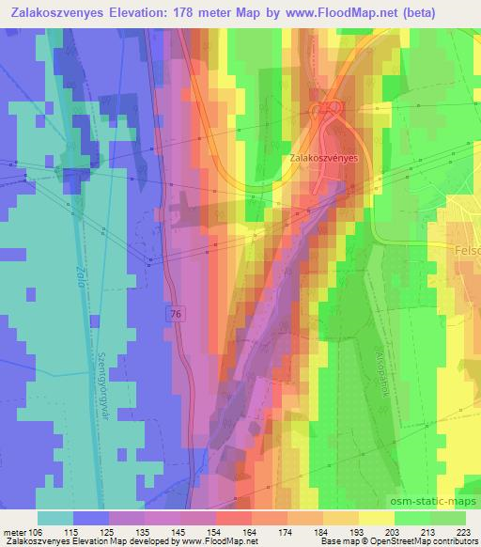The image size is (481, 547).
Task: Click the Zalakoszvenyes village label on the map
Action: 323,160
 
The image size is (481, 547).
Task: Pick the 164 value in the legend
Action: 250,531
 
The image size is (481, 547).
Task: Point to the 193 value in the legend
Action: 355,531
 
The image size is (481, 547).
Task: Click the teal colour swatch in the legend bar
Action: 55,518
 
